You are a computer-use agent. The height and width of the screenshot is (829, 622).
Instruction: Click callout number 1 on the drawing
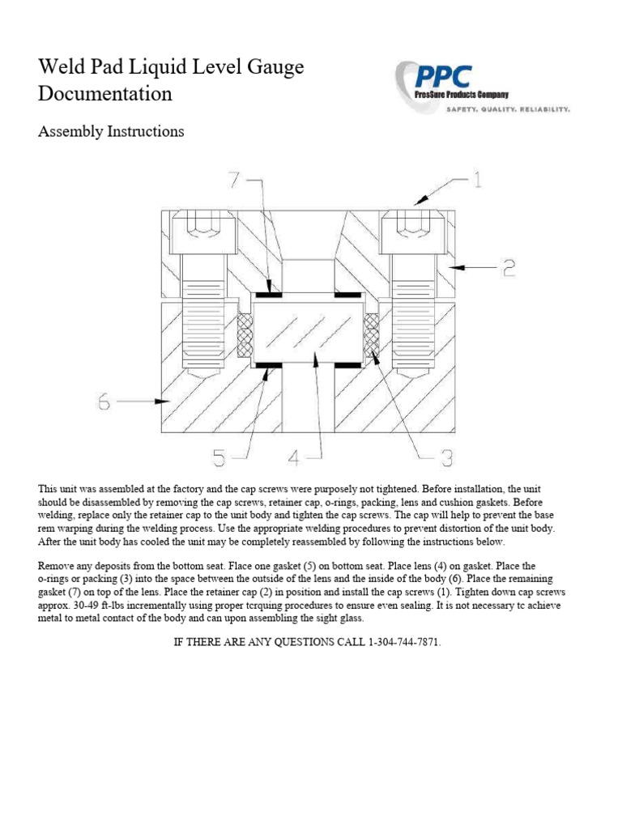coord(477,180)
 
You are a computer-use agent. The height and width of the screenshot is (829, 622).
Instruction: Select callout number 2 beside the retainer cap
coord(508,268)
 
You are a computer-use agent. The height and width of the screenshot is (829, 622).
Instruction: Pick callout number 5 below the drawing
coord(219,458)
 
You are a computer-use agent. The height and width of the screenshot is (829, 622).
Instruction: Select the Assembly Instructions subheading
coord(111,131)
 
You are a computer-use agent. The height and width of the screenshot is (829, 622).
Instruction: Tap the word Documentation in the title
coord(105,94)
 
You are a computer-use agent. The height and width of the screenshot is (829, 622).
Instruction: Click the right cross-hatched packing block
coord(372,334)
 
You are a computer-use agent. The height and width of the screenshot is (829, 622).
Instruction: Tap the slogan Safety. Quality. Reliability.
coord(509,108)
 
